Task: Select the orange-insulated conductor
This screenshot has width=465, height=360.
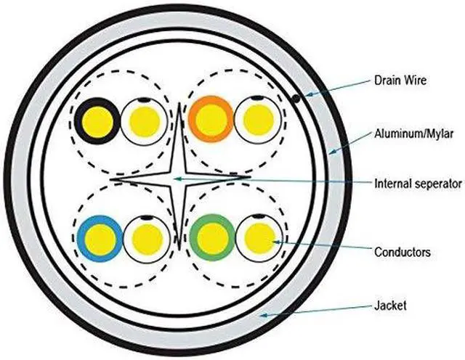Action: pos(211,119)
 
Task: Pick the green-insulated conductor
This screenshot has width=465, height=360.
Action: pos(211,238)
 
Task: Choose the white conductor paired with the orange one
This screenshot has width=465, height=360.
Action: pos(257,119)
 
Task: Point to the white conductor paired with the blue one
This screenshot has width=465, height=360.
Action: pos(145,238)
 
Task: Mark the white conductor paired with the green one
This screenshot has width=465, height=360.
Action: pos(259,238)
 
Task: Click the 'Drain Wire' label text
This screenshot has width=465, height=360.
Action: pos(400,81)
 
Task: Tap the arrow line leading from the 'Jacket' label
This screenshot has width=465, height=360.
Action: pos(320,310)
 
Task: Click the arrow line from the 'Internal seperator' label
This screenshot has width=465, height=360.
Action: pos(276,179)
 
